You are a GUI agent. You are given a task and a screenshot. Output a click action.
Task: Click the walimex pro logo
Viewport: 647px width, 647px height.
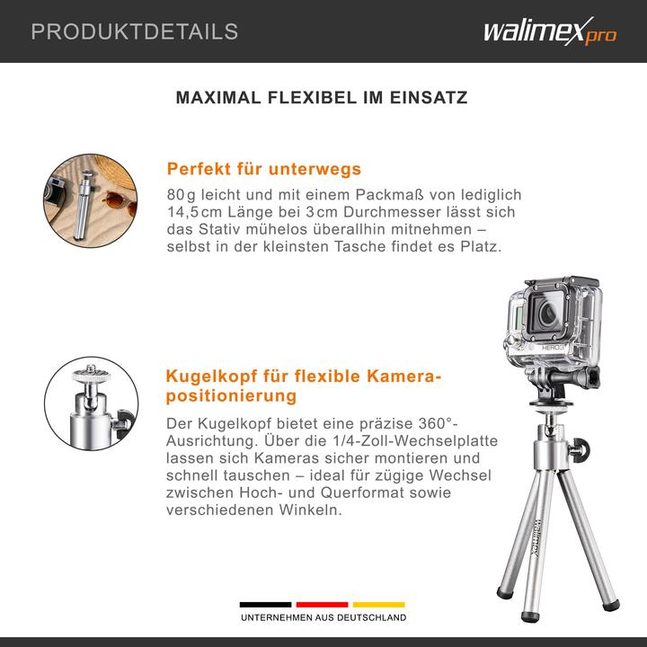[549, 32]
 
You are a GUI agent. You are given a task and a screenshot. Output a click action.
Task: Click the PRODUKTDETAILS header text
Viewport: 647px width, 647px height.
[135, 32]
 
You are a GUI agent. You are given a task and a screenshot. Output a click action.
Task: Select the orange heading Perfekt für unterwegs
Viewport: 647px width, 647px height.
[264, 169]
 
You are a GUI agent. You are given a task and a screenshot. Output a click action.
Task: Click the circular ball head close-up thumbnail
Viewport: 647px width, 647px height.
[91, 403]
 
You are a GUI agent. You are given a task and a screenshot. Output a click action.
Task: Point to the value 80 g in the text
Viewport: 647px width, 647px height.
[180, 195]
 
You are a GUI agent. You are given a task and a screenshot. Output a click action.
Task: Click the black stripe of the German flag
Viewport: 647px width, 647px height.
[265, 605]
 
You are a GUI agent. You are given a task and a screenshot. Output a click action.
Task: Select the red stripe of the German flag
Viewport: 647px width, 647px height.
[322, 605]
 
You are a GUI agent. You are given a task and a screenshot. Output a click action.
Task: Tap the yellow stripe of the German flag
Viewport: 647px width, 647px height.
[378, 605]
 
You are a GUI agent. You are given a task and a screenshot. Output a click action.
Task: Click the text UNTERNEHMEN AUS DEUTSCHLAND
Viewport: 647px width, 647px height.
[323, 618]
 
